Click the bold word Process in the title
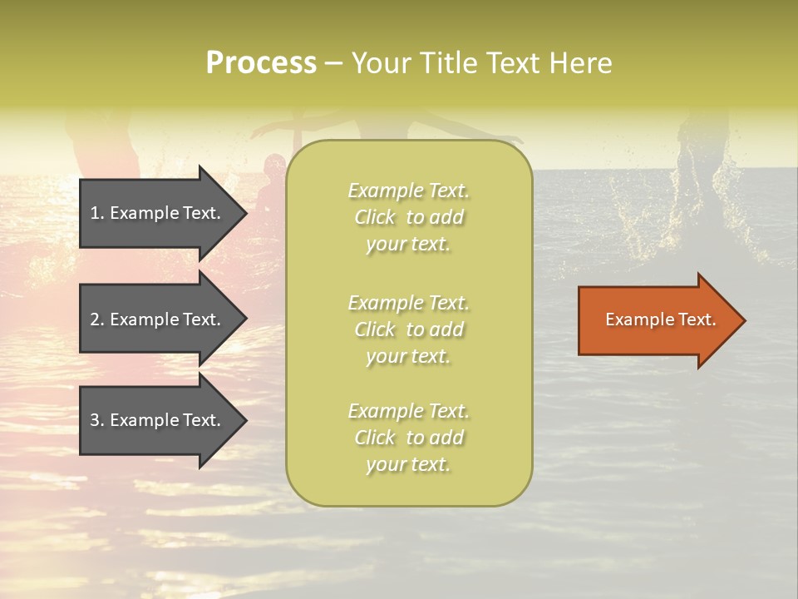(261, 63)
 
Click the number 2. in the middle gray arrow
(97, 319)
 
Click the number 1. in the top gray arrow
(97, 213)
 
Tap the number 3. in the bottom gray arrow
(97, 420)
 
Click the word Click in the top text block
(375, 217)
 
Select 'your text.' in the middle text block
(408, 356)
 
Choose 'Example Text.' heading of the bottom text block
(408, 411)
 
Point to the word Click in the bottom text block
(375, 438)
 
